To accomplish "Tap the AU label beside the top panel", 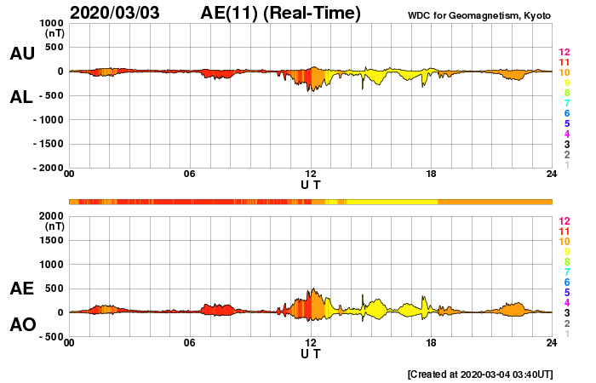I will [22, 54].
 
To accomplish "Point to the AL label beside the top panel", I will [22, 97].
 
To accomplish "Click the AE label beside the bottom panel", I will [22, 289].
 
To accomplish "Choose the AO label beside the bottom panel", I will [22, 325].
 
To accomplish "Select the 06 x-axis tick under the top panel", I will [190, 174].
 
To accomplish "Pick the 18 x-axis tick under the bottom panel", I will [432, 344].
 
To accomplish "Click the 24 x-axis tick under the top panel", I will [552, 174].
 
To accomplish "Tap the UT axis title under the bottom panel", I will [311, 353].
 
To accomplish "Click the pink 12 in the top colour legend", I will [563, 53].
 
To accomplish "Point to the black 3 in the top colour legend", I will [566, 145].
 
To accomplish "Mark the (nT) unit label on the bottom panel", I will [53, 226].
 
